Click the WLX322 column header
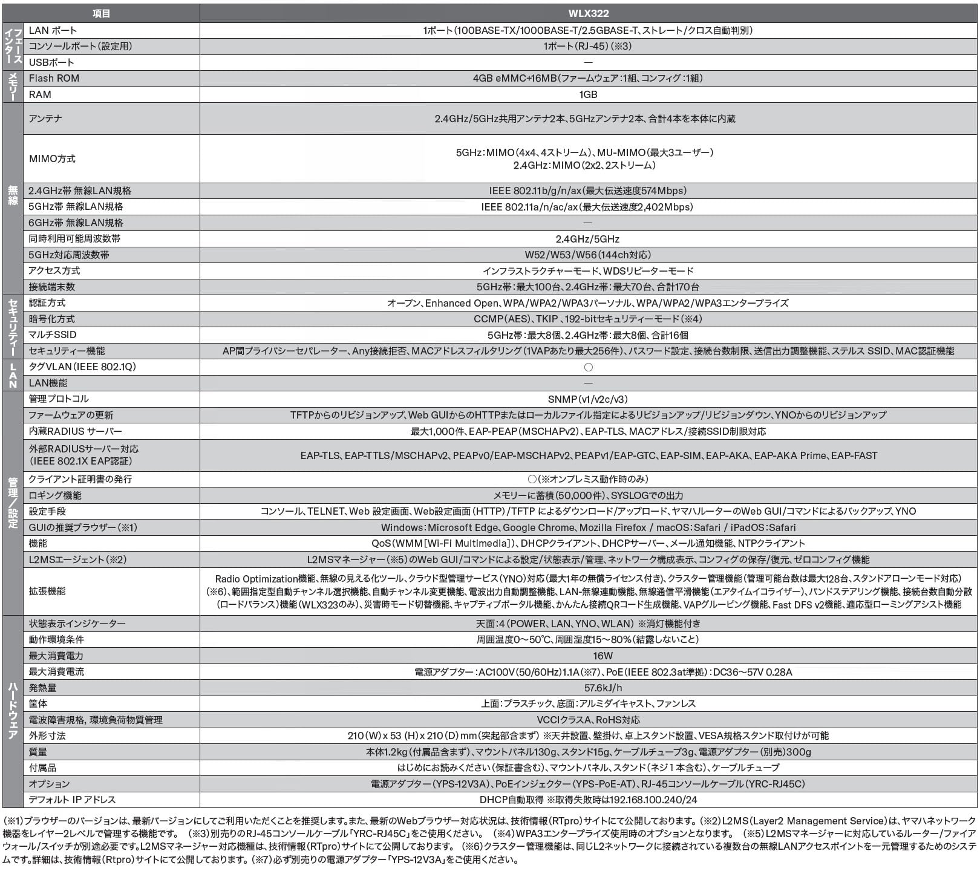click(587, 13)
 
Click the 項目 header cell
click(101, 13)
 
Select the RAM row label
click(40, 94)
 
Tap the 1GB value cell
click(587, 94)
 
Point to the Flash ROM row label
click(54, 78)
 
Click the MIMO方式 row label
click(52, 158)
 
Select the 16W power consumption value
click(603, 656)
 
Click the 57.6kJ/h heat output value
click(603, 688)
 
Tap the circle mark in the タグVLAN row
click(588, 367)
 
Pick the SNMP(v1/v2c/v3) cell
click(587, 399)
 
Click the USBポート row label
click(51, 62)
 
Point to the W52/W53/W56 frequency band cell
click(587, 255)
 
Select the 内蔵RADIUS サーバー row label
click(75, 431)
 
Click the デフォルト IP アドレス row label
click(72, 800)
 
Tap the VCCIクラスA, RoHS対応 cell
click(588, 720)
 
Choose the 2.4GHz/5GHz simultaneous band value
click(587, 239)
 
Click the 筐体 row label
click(38, 703)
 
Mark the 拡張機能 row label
click(47, 591)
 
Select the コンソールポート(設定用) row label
click(80, 46)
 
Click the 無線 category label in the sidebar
click(13, 196)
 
